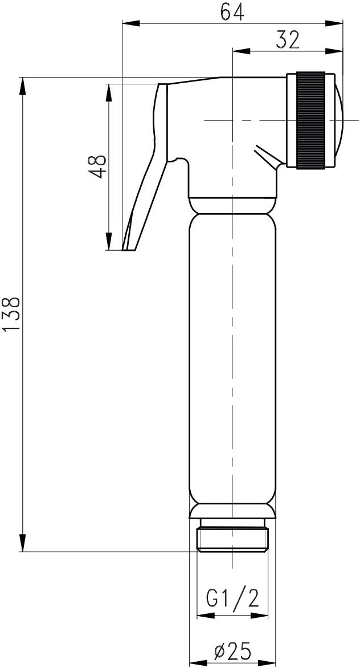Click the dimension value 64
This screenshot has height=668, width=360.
click(x=232, y=11)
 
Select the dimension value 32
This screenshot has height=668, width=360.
click(x=288, y=39)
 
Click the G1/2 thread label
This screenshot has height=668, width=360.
click(x=232, y=598)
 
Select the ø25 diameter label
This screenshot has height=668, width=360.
click(x=232, y=651)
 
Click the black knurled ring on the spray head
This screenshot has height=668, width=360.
click(x=310, y=120)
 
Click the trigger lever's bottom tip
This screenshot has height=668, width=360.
click(x=129, y=246)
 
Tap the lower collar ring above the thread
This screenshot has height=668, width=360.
click(x=232, y=511)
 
